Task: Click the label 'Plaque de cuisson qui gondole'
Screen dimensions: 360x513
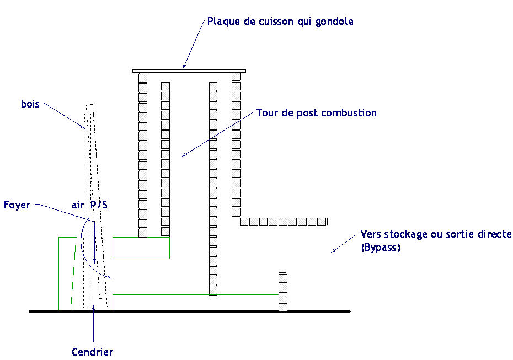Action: tap(280, 22)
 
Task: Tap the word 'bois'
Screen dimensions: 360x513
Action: tap(30, 104)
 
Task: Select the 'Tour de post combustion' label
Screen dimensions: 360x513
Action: tap(316, 113)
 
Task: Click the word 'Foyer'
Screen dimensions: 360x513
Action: tap(17, 205)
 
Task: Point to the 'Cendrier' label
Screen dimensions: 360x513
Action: tap(92, 352)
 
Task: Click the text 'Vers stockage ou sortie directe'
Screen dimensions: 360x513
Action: tap(436, 234)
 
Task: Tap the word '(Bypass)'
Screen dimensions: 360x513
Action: tap(381, 248)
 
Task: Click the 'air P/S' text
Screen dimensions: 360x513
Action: tap(89, 205)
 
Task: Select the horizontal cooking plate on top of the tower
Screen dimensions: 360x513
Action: tap(189, 71)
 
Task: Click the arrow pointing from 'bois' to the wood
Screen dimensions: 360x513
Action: tap(64, 115)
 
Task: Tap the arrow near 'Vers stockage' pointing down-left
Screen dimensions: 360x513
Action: tap(344, 243)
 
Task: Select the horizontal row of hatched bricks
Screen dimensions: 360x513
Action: tap(284, 222)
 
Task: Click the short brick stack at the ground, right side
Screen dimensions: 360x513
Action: tap(283, 292)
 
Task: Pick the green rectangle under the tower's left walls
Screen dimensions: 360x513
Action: tap(141, 248)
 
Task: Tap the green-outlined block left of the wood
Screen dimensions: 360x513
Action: tap(66, 273)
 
